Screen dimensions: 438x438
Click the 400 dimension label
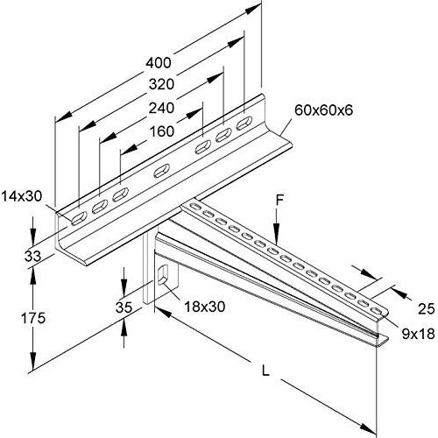click(159, 63)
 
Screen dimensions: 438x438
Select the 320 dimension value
click(161, 85)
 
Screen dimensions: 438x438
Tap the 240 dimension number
click(161, 108)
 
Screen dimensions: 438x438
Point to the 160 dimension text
click(161, 131)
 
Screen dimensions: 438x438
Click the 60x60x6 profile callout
click(324, 110)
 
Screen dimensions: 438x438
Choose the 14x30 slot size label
click(22, 196)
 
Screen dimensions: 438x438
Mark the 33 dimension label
click(32, 257)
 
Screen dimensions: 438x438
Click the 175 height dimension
click(33, 318)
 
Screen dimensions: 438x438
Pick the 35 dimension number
click(124, 307)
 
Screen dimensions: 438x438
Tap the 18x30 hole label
click(205, 307)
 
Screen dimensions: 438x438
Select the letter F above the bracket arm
click(280, 201)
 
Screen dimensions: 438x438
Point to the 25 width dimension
click(426, 309)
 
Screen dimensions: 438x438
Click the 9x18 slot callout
click(418, 334)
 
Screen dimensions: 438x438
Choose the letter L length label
click(265, 371)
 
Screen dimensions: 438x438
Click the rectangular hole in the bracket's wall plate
click(162, 275)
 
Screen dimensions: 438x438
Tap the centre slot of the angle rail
click(161, 171)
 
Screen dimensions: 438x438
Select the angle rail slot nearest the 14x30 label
click(79, 218)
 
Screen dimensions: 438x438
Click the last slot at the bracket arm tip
click(377, 311)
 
